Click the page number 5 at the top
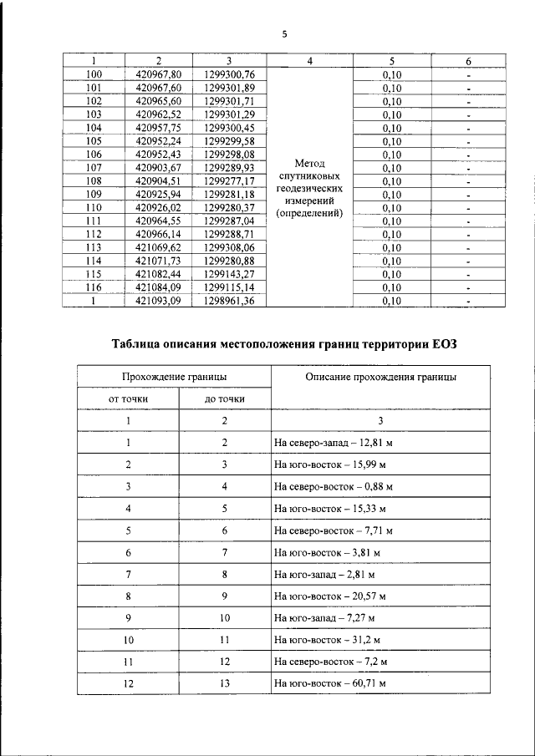(x=283, y=34)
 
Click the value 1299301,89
(x=228, y=87)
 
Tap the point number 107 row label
(x=94, y=168)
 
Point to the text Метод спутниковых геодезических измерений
(x=310, y=188)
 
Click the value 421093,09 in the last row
(x=158, y=302)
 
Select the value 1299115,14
(x=228, y=288)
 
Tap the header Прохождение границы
(x=174, y=378)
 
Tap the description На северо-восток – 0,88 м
(x=334, y=485)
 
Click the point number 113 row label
(x=94, y=248)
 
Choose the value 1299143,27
(x=228, y=275)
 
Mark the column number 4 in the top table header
(x=310, y=61)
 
